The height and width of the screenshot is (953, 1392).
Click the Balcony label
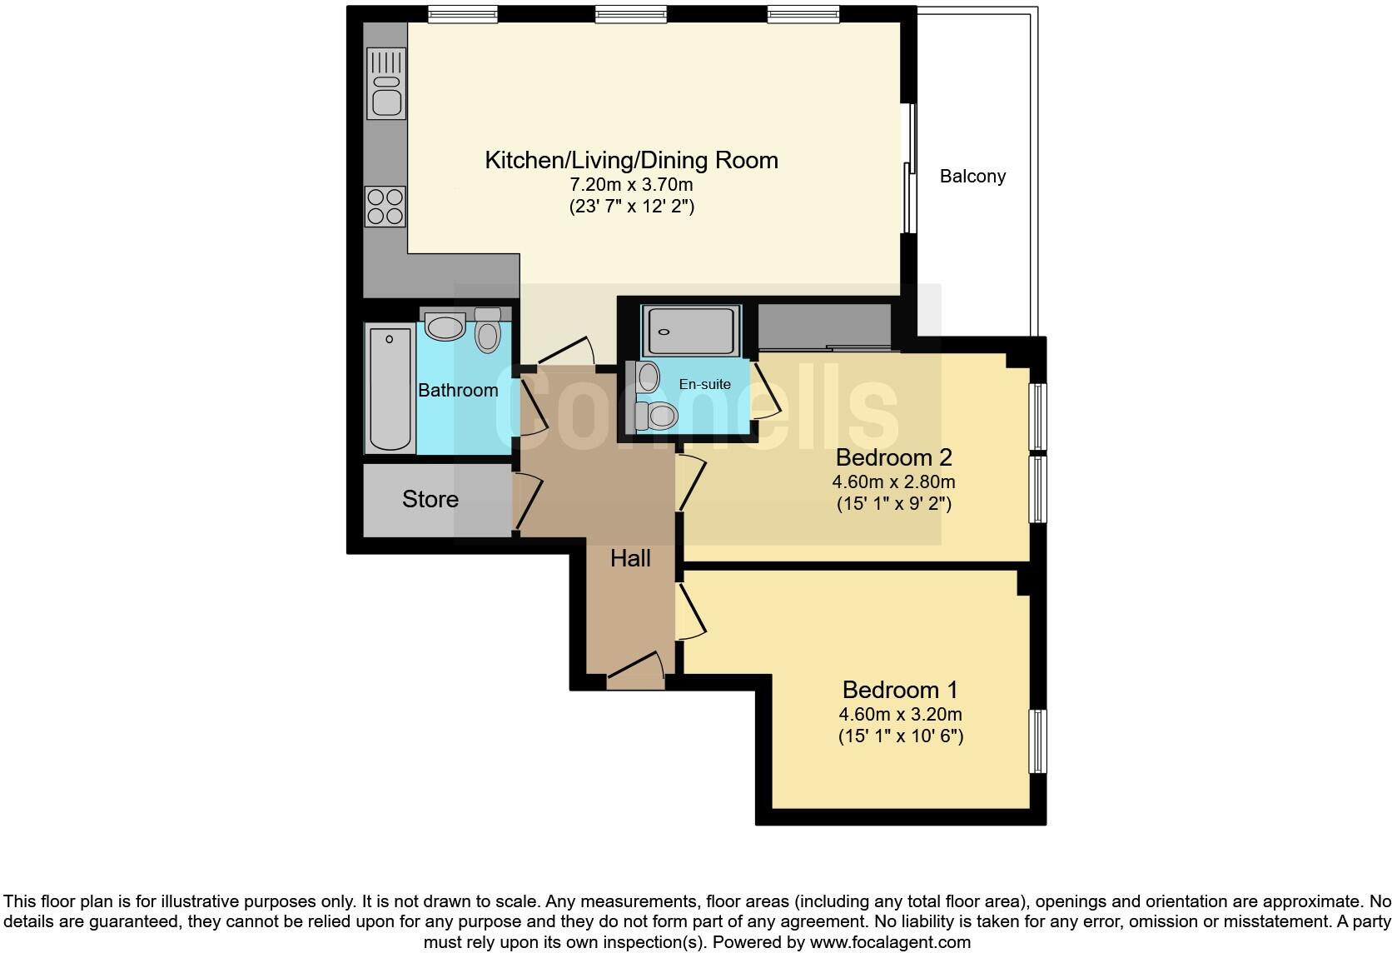tap(972, 177)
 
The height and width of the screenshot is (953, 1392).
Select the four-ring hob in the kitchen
tap(385, 206)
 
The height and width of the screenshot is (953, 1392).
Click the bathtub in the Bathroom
tap(390, 388)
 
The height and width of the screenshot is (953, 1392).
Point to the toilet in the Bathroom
tap(488, 332)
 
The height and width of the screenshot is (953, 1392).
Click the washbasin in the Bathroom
tap(445, 326)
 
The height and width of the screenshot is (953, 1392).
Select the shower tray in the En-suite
tap(690, 332)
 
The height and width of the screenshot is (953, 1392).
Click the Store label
tap(430, 499)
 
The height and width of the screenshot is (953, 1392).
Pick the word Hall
tap(630, 558)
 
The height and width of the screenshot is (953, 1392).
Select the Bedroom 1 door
tap(690, 612)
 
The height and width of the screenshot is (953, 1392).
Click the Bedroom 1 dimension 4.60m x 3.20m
tap(900, 714)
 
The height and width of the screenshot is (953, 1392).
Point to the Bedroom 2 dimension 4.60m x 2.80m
tap(893, 481)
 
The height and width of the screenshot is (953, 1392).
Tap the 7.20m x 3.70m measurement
tap(631, 184)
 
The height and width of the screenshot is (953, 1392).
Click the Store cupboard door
tap(526, 501)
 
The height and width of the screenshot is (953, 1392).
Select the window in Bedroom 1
tap(1037, 741)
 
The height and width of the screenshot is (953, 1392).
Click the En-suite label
tap(704, 384)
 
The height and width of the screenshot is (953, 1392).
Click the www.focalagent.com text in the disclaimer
tap(890, 943)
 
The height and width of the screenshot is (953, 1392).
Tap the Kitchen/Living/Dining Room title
tap(631, 160)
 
